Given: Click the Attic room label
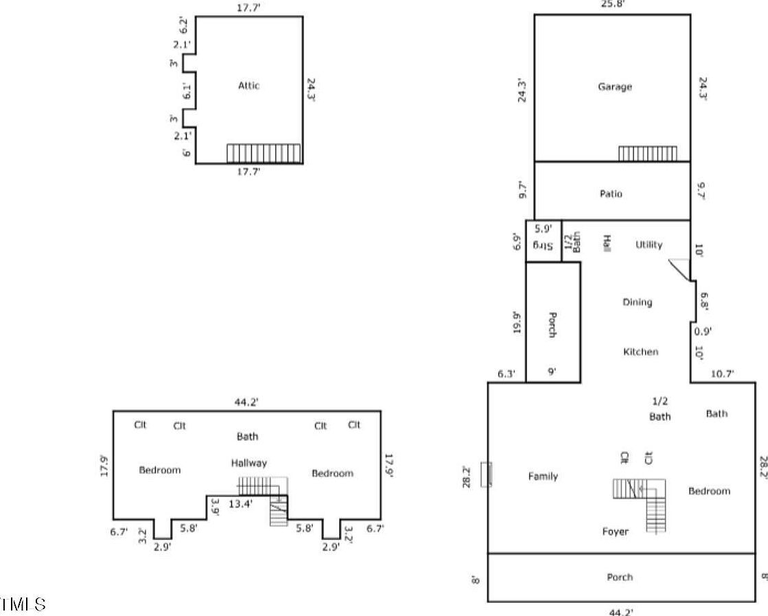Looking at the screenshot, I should (248, 86).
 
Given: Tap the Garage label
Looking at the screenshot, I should (614, 87).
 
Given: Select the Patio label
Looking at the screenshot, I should (611, 194).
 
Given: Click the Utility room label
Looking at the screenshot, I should (649, 244).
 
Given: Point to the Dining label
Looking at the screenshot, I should (637, 302).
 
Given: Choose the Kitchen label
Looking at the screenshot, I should (640, 352).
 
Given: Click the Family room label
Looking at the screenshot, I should (543, 476).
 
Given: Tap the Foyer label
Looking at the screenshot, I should (615, 532).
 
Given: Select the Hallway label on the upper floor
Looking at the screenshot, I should (248, 464).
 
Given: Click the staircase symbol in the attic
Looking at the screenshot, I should (264, 153).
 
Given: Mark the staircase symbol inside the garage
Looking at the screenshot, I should (647, 154).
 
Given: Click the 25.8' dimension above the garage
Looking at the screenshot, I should (612, 4).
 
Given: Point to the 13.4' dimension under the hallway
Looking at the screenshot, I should (241, 503).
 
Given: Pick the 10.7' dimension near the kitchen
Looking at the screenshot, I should (722, 374).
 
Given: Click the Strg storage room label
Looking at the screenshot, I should (544, 247).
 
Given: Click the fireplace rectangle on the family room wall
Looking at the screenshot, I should (487, 475).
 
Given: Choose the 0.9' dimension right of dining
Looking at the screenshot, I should (703, 331).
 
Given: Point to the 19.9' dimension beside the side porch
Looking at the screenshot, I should (517, 322).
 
